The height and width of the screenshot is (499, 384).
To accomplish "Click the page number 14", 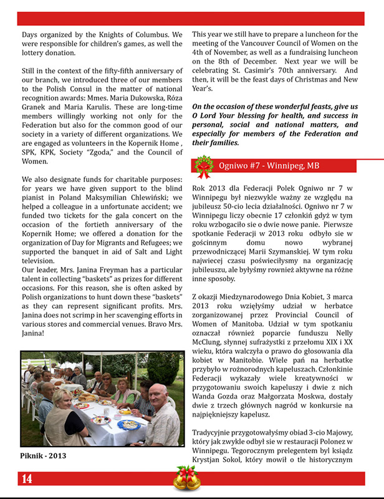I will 27,479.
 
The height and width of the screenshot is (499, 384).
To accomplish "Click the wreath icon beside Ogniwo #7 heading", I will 203,167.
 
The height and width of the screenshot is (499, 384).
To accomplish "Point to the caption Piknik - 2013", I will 44,455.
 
